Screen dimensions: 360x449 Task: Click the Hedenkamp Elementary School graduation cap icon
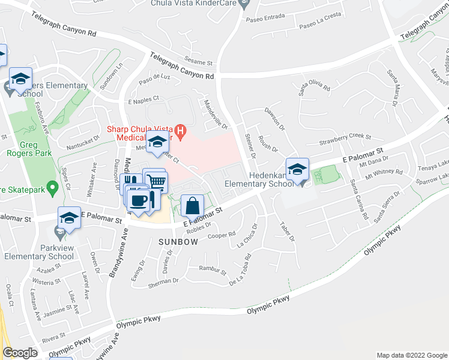point(297,169)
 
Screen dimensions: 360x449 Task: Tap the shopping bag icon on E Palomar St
point(191,205)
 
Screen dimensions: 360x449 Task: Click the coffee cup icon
point(138,199)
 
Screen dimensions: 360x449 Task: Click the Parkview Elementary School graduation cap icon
point(69,218)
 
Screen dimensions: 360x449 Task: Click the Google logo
point(20,353)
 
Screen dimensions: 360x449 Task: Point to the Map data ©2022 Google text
point(411,355)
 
